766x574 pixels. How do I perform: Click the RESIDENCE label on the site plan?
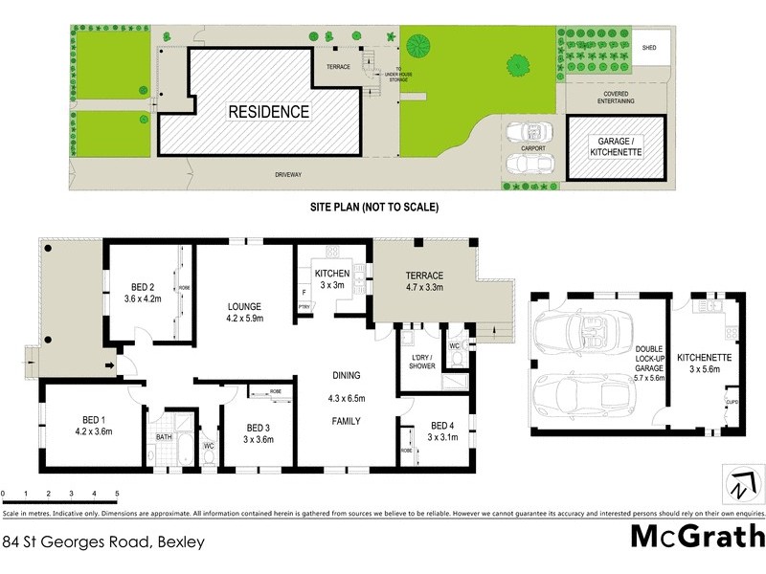click(268, 112)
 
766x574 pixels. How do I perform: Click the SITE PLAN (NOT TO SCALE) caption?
click(373, 207)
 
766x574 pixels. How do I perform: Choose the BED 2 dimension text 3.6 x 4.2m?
click(143, 298)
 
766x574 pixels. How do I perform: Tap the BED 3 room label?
click(259, 428)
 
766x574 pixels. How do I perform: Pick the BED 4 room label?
click(440, 426)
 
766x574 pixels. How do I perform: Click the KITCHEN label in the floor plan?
click(331, 274)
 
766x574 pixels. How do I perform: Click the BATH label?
click(164, 438)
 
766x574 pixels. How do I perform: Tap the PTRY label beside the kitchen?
click(304, 307)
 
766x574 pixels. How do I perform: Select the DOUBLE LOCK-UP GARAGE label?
click(650, 364)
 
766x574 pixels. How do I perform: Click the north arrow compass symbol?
click(737, 485)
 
